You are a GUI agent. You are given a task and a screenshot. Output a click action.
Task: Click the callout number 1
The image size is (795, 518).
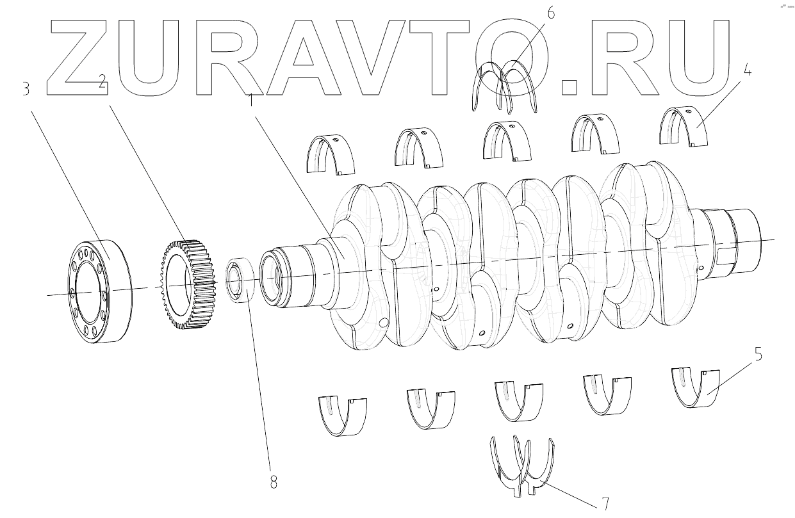[x=251, y=99]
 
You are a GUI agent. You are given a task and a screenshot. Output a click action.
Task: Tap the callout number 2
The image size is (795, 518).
[x=102, y=80]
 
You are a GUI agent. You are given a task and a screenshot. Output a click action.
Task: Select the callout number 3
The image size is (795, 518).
[x=26, y=89]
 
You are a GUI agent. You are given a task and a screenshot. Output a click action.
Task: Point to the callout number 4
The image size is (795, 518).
[x=747, y=70]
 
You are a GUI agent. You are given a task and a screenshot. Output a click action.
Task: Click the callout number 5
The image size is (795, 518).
[x=758, y=354]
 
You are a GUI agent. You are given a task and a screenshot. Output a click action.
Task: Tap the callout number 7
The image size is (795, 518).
[x=603, y=503]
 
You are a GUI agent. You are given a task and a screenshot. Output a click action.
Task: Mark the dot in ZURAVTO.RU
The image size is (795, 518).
[x=569, y=86]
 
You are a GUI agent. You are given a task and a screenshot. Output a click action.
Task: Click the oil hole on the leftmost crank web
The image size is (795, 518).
[x=384, y=323]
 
